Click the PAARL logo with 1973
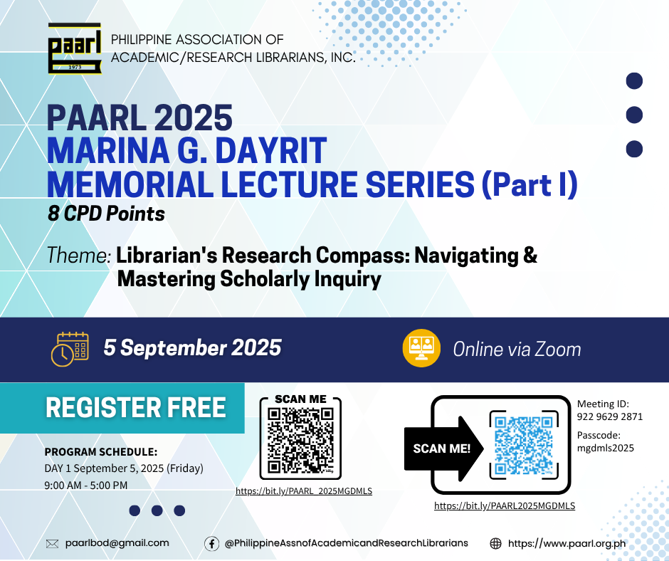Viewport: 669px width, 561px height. coord(75,48)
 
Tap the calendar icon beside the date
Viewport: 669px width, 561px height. coord(70,349)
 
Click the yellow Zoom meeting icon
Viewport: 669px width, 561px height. coord(421,348)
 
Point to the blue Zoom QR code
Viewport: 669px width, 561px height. coord(524,445)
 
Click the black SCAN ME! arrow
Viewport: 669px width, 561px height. coord(443,449)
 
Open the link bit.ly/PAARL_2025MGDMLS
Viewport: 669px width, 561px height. coord(304,491)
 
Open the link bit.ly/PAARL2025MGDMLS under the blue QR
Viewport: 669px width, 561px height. coord(505,506)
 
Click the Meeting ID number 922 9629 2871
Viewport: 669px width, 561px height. coord(610,416)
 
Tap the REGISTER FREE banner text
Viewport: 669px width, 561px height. coord(136,407)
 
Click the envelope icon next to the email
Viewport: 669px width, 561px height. coord(52,543)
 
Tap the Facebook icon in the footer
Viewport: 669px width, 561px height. coord(211,543)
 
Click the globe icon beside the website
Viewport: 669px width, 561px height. coord(495,543)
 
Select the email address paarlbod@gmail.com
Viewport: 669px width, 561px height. coord(117,543)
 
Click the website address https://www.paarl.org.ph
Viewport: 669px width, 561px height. coord(567,543)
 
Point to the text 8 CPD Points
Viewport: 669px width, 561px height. coord(106,214)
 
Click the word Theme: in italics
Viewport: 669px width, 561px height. coord(79,256)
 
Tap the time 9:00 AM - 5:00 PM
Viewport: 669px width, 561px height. coord(85,486)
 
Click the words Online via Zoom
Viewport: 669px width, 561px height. coord(517,350)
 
